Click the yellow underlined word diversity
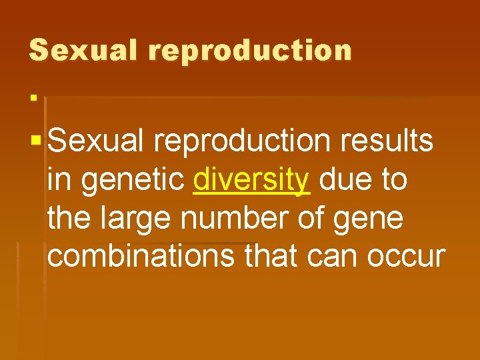tap(251, 181)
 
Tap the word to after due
tap(392, 181)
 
